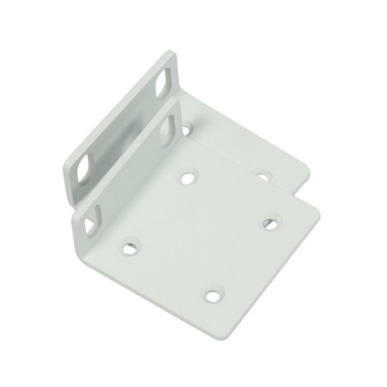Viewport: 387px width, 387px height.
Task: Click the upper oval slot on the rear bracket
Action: click(163, 85)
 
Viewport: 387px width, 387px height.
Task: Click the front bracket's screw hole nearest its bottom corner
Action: click(212, 297)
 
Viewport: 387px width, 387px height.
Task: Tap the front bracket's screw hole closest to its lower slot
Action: click(129, 247)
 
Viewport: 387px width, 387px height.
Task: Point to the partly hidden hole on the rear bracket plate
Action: click(187, 131)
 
